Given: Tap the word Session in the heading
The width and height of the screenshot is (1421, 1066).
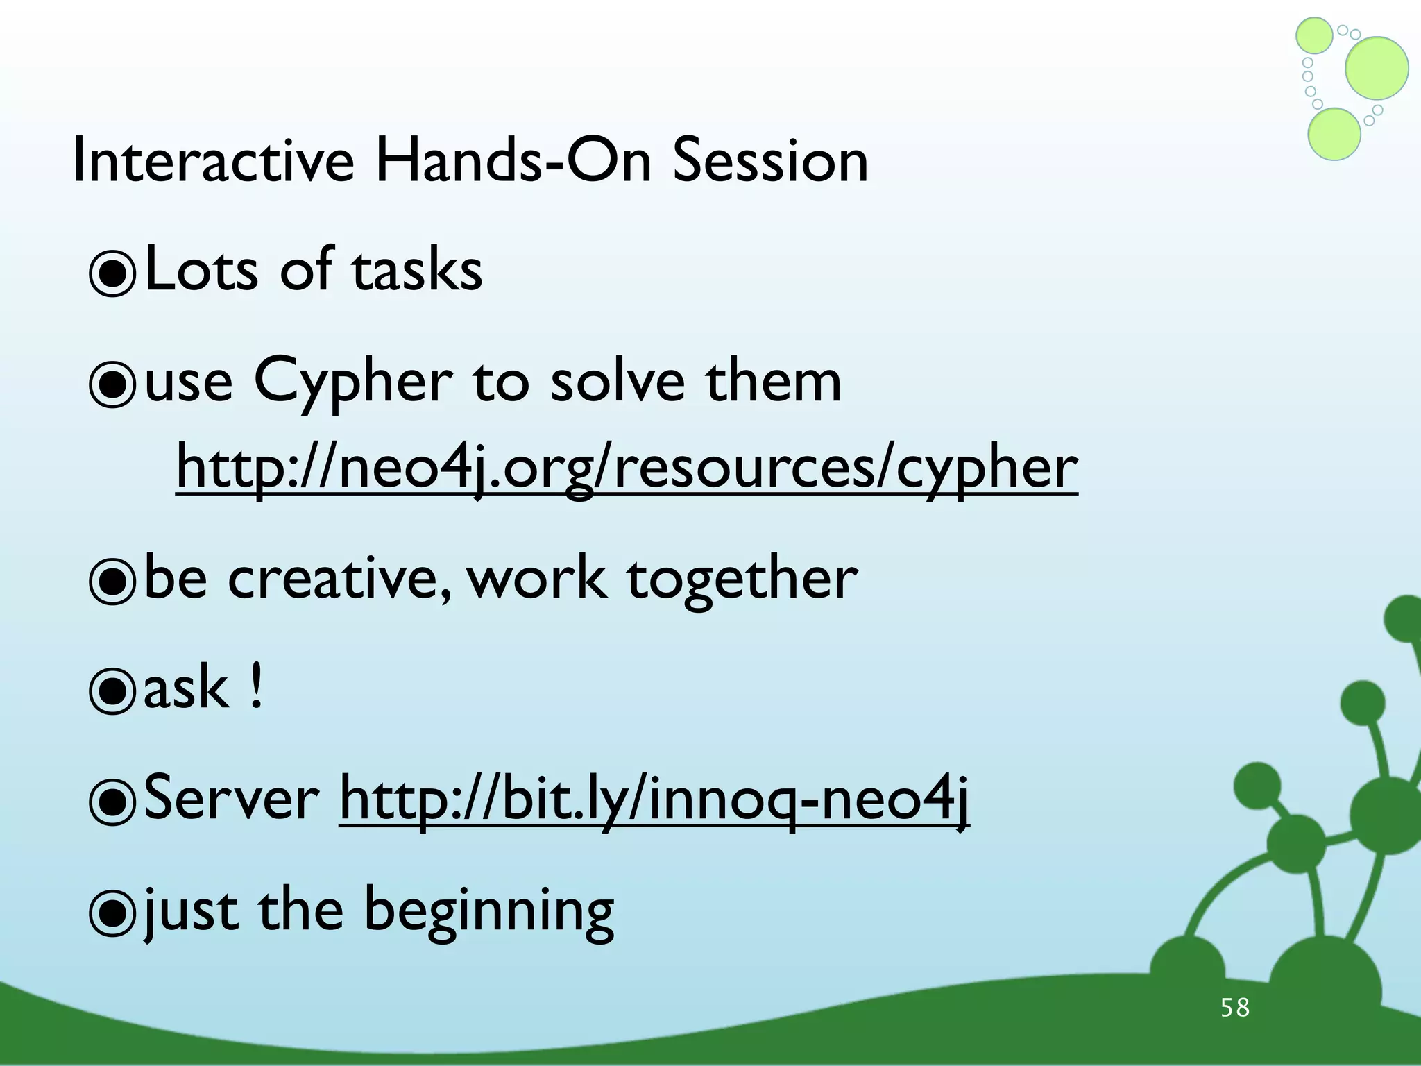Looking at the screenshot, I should pos(770,161).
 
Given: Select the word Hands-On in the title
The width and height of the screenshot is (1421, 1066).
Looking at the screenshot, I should pos(513,161).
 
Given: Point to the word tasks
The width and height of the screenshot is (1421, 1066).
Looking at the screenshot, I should pos(416,271).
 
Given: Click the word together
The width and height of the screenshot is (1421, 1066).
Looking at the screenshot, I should pos(742,580).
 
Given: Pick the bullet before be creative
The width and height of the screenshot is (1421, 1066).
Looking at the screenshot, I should pos(112,582).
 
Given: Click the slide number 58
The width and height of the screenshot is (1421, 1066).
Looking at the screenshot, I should pos(1235,1008).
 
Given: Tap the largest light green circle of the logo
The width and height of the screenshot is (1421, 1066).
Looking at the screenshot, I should pos(1377,68).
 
